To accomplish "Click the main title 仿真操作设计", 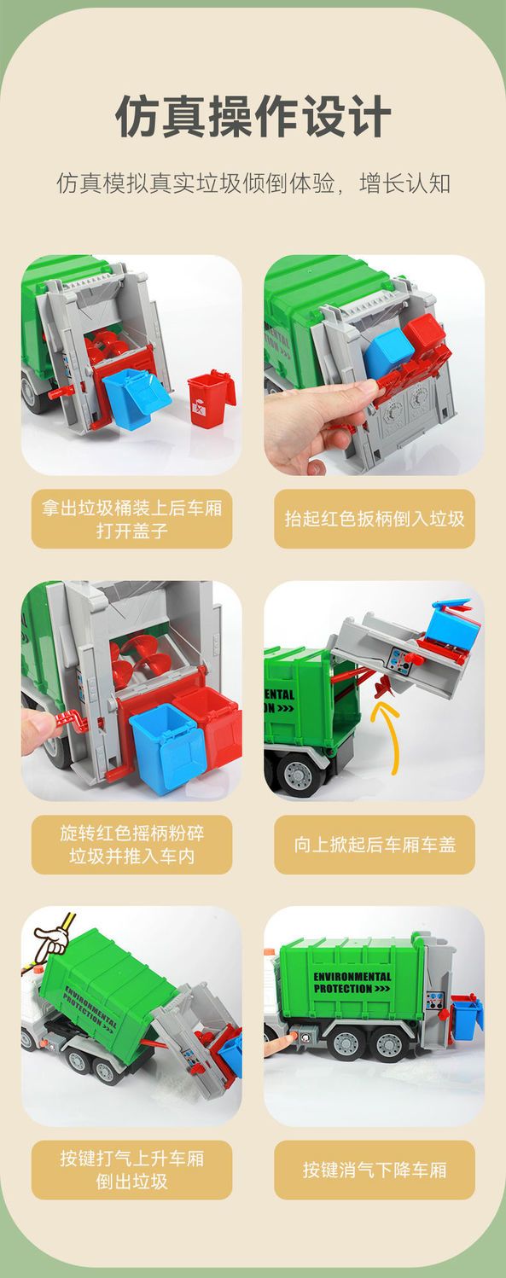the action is pyautogui.click(x=253, y=116).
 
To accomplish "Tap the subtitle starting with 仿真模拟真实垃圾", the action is pyautogui.click(x=253, y=183).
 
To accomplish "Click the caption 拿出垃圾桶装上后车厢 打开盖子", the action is pyautogui.click(x=131, y=519).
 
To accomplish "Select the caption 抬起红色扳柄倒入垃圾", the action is pyautogui.click(x=375, y=519).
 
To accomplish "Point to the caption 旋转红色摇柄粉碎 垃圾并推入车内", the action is pyautogui.click(x=131, y=845).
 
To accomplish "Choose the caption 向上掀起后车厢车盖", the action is pyautogui.click(x=375, y=845).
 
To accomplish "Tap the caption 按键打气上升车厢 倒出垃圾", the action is pyautogui.click(x=131, y=1170).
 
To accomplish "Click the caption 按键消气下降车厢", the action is pyautogui.click(x=375, y=1171).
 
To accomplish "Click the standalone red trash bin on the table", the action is pyautogui.click(x=211, y=398).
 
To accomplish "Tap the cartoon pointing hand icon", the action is pyautogui.click(x=51, y=939).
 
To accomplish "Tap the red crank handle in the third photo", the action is pyautogui.click(x=73, y=723).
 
